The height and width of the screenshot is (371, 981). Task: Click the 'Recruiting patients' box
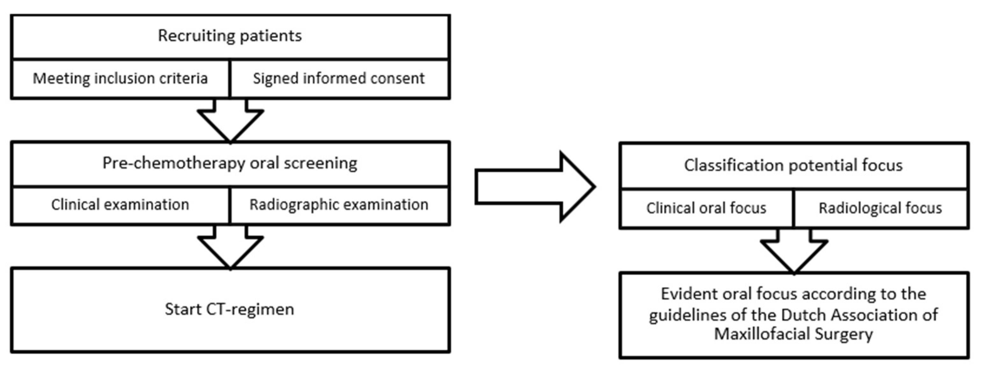tap(230, 36)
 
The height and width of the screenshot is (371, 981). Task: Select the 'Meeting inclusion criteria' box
tap(120, 79)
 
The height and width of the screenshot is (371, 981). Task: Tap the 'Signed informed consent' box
tap(339, 79)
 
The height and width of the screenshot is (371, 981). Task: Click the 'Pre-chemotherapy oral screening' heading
tap(230, 163)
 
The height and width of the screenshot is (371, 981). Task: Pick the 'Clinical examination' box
tap(120, 205)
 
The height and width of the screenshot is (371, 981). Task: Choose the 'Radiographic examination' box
tap(339, 205)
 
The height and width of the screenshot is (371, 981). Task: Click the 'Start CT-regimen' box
tap(230, 309)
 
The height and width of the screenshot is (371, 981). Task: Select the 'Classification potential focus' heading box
tap(794, 166)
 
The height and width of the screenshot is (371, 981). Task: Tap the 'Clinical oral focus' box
tap(706, 209)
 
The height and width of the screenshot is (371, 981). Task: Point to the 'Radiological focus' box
tap(880, 209)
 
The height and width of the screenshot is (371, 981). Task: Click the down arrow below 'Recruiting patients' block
tap(230, 120)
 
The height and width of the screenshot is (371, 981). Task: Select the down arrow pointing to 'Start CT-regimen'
tap(230, 246)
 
